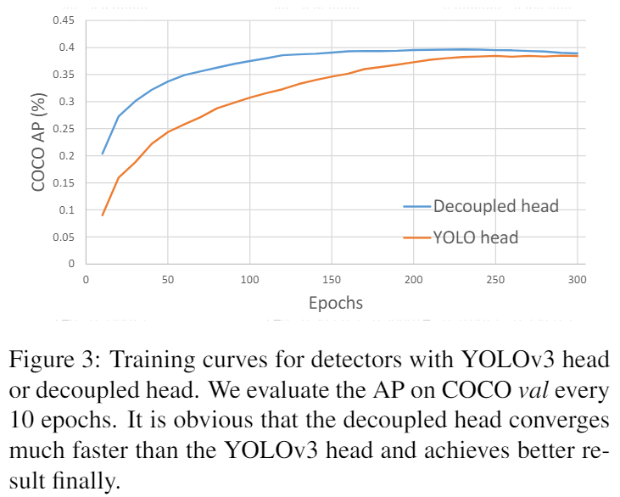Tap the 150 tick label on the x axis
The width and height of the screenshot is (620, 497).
click(331, 279)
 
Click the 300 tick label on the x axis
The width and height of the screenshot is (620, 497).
click(577, 279)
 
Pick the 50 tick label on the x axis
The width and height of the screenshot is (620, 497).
click(167, 279)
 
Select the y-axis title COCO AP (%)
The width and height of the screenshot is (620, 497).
click(37, 142)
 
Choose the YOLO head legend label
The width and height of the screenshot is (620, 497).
click(475, 237)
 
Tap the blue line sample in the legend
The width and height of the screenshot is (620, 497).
click(416, 206)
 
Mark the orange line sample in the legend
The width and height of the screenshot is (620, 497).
click(416, 237)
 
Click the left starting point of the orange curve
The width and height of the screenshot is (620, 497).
click(102, 215)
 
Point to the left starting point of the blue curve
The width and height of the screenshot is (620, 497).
click(102, 154)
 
